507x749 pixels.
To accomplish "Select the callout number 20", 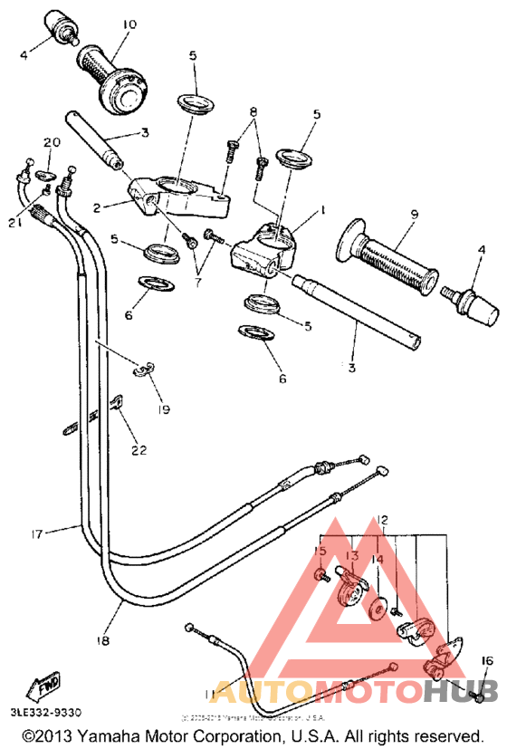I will click(52, 142).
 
